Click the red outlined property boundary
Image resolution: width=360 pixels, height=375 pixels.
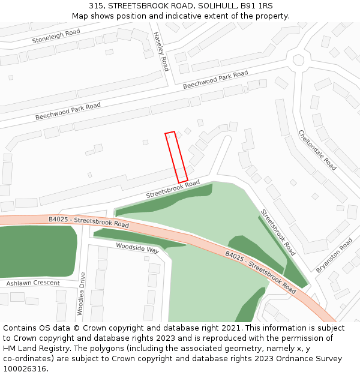coord(176,157)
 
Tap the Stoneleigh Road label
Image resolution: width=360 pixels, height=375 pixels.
coord(56,36)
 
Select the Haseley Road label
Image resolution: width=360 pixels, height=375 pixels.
coord(161,52)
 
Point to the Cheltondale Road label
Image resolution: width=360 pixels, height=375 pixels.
coord(317,150)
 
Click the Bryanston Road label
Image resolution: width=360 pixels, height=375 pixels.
coord(334,256)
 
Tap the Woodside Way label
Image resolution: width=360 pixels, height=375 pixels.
coord(137,248)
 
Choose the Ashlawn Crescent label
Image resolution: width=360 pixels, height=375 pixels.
coord(33,283)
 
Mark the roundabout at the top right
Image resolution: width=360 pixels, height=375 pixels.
coord(298,60)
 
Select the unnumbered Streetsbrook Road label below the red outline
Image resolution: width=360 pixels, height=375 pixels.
coord(173,190)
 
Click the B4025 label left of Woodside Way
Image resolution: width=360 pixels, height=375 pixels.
coord(89,222)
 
